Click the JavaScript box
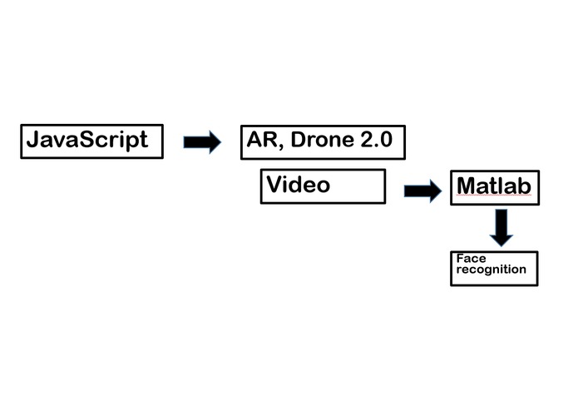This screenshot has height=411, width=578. coord(91,141)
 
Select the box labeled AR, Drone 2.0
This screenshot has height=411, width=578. coord(322,141)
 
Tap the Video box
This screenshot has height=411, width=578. coord(323,186)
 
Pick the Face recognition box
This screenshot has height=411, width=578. coord(494,268)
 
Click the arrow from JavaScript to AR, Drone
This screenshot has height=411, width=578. coord(202,142)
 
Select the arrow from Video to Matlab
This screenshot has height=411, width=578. coord(422,191)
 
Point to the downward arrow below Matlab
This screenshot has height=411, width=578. coord(501,227)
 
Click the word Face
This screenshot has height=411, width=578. coord(471,259)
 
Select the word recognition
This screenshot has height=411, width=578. coord(491,270)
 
